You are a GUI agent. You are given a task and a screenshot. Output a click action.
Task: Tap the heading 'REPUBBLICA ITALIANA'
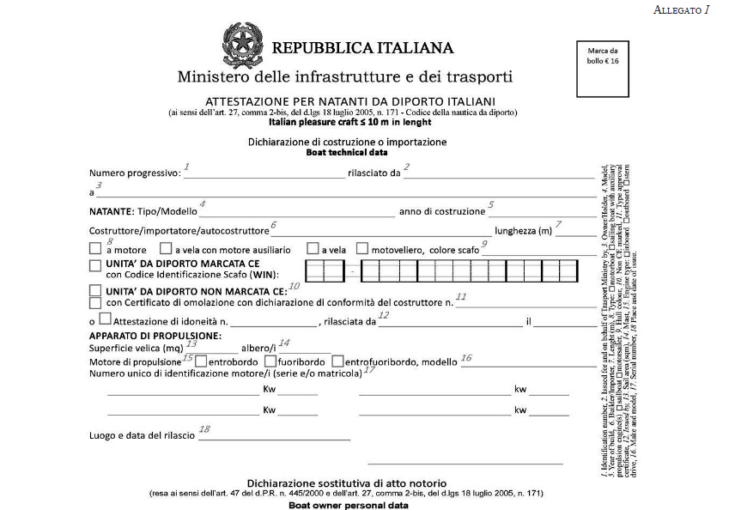pyautogui.click(x=362, y=48)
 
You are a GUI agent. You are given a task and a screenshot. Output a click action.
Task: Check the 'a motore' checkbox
pyautogui.click(x=95, y=248)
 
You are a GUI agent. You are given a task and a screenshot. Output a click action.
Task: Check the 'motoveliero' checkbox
pyautogui.click(x=361, y=248)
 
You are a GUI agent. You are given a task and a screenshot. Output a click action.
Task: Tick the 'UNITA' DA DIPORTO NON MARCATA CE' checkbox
pyautogui.click(x=95, y=291)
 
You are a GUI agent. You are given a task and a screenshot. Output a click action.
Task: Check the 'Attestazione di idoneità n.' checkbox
pyautogui.click(x=105, y=320)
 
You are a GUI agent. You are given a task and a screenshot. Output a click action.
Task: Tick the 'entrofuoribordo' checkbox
pyautogui.click(x=337, y=361)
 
